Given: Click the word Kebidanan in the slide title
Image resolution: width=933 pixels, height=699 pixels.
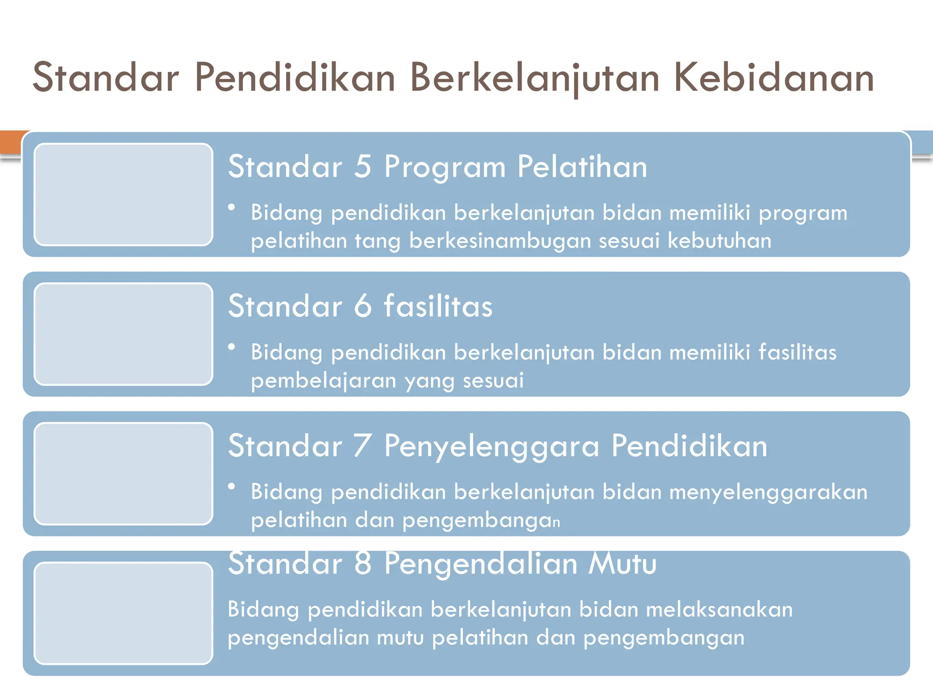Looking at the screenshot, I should point(774,78).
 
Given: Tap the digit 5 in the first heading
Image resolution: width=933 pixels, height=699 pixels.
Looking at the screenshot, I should point(363,167).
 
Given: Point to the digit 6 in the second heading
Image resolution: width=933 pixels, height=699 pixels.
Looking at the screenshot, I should point(363,306).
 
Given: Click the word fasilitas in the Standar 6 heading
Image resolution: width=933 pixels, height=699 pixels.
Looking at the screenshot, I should point(438,306).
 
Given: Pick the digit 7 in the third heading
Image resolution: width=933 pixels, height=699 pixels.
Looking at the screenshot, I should point(363,446).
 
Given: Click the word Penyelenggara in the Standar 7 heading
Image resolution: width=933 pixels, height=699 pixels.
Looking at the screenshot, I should point(491,446).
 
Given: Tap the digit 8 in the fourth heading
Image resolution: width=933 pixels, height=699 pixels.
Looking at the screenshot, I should point(363,563).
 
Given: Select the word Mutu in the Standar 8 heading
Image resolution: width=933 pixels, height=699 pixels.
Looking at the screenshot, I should point(622,563).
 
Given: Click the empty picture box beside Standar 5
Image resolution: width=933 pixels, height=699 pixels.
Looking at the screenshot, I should point(123,195).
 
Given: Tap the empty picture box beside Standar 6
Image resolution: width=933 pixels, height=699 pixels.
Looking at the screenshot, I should point(123,334).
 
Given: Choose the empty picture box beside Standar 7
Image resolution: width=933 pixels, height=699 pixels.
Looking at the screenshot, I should point(123,474).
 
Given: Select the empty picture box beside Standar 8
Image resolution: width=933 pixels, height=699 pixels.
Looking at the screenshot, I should point(123,613).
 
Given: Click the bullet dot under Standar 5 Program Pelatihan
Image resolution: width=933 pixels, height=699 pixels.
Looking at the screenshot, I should point(231,208).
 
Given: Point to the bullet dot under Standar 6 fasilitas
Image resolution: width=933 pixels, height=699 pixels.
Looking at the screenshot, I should point(231,347).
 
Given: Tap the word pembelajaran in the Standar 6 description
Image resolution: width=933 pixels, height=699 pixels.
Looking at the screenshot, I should point(323,380).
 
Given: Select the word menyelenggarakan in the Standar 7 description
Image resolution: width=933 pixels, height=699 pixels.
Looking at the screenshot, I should point(768,492).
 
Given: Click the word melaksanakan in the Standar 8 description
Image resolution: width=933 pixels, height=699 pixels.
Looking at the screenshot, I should point(719,610).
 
